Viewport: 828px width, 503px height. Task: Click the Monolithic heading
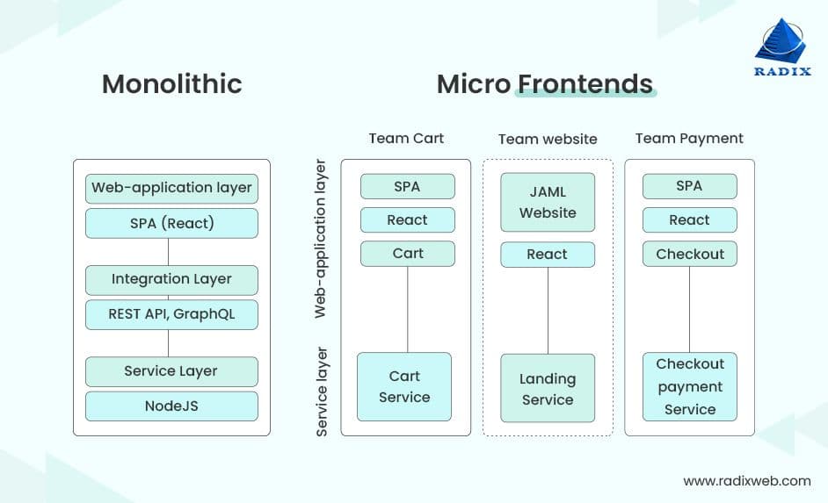click(171, 84)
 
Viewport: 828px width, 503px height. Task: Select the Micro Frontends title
click(544, 84)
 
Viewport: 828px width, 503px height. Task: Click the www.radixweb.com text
click(746, 481)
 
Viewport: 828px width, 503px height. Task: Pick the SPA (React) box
click(171, 223)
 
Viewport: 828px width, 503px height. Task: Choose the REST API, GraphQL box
click(171, 314)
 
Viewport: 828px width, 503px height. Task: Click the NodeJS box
click(171, 406)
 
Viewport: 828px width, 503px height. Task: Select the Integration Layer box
click(171, 279)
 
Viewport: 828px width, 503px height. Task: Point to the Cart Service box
click(404, 387)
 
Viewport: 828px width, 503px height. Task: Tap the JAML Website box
click(548, 203)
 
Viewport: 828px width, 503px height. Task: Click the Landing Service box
click(548, 390)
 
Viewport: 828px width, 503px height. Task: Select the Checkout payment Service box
click(690, 387)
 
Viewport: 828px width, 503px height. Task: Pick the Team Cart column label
click(406, 139)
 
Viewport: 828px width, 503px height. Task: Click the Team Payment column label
click(689, 139)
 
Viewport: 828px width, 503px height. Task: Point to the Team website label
click(548, 140)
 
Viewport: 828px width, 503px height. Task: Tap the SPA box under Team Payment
click(690, 186)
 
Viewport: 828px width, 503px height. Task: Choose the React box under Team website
click(548, 255)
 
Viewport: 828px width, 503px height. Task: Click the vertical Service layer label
click(323, 392)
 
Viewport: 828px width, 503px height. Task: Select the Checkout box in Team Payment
click(690, 255)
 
